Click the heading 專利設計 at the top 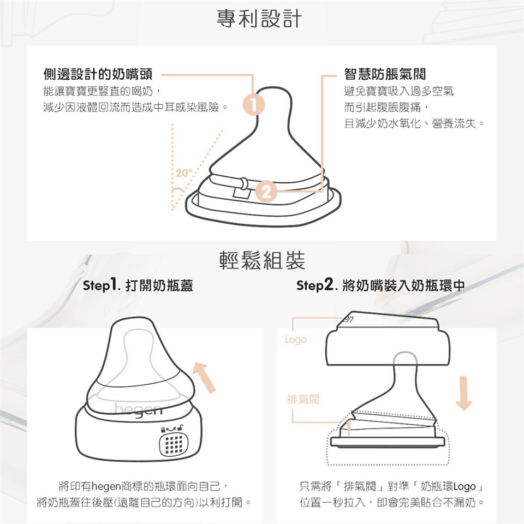[259, 19]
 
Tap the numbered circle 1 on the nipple [254, 105]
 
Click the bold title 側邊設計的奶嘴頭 [98, 74]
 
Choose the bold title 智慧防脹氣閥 [385, 74]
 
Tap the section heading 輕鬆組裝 [262, 261]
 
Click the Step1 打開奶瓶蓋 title [138, 285]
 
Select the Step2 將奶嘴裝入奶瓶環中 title [380, 285]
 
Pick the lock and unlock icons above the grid [172, 428]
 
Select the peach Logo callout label [296, 340]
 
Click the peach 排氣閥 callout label [303, 399]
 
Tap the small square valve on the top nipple [239, 193]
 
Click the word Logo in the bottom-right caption [465, 486]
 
